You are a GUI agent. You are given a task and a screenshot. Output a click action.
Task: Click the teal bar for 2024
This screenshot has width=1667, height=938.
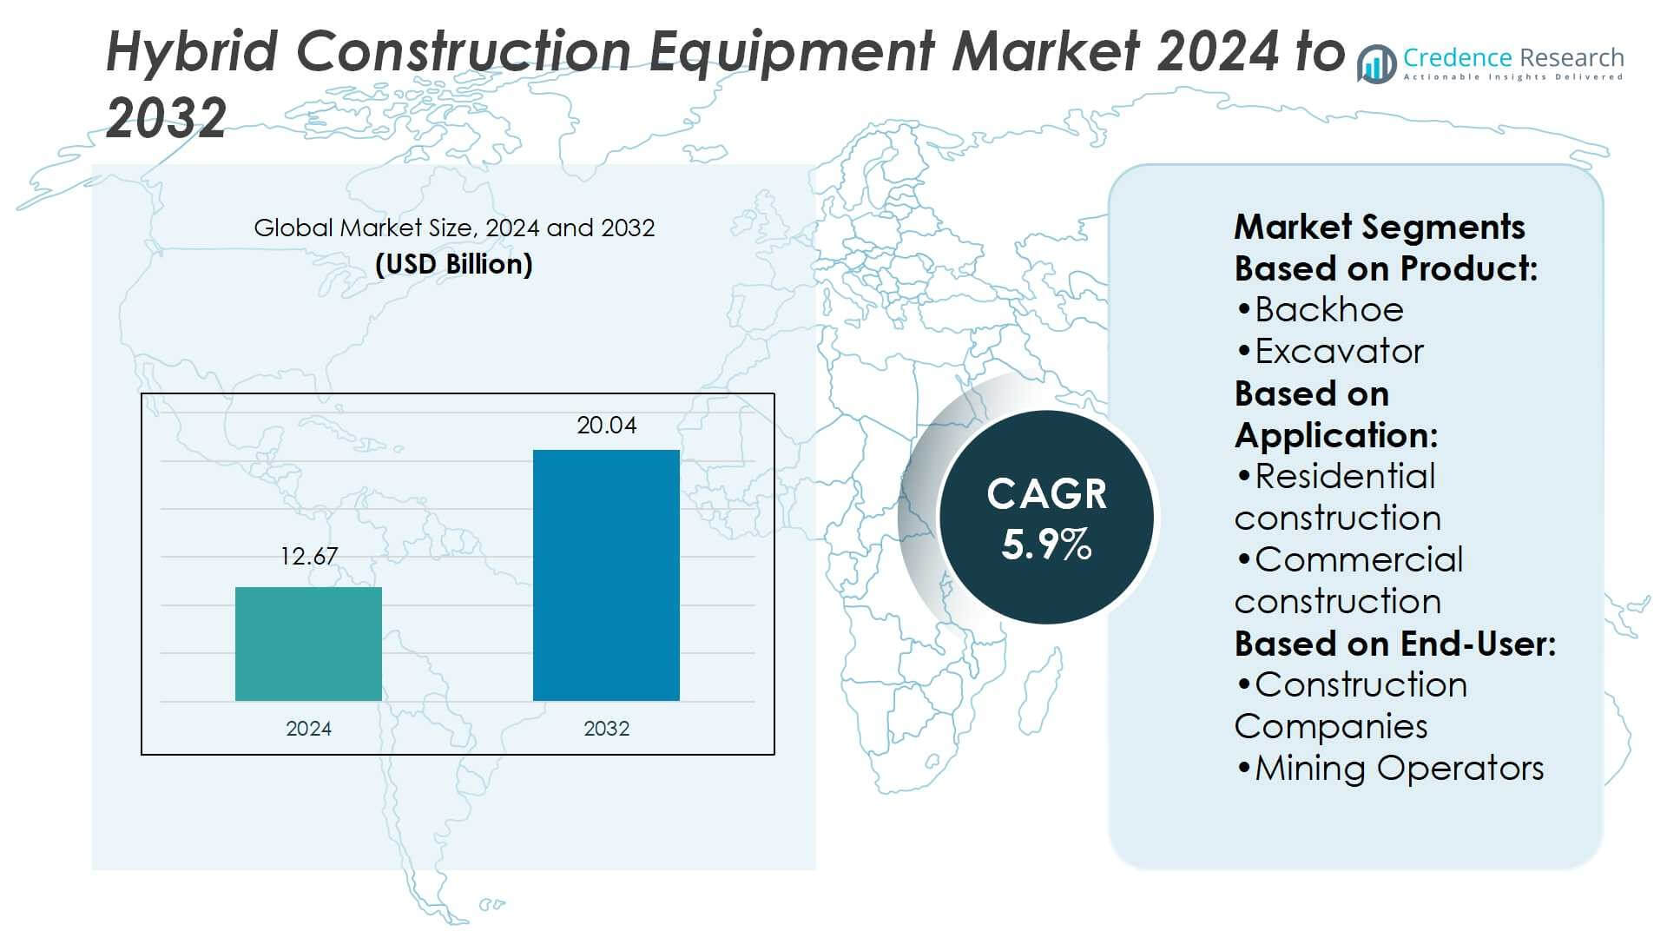tap(308, 644)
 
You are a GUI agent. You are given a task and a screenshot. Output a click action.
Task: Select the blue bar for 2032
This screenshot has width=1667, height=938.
tap(606, 575)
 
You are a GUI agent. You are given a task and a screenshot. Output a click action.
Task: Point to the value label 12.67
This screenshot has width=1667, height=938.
tap(308, 557)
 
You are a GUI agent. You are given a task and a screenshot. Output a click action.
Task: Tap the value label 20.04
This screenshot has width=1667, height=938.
tap(606, 426)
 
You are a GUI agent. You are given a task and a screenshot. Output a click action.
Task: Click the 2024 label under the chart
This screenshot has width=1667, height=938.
tap(308, 729)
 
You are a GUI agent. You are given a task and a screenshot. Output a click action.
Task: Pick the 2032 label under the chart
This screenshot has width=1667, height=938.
tap(606, 729)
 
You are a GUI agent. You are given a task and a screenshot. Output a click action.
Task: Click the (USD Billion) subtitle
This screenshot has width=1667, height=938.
tap(453, 264)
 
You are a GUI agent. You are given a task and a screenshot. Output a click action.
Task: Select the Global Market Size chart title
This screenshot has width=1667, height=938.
tap(453, 228)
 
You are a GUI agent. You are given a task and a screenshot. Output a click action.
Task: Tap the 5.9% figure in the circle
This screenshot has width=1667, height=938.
tap(1046, 545)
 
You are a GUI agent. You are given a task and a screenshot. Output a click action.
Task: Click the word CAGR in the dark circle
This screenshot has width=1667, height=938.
tap(1046, 494)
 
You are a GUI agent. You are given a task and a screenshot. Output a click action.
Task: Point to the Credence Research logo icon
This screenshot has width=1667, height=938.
tap(1377, 64)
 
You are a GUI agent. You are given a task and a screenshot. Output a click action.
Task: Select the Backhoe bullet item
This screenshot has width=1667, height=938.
tap(1328, 310)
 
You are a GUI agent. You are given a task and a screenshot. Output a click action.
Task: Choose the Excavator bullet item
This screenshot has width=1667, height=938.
tap(1339, 352)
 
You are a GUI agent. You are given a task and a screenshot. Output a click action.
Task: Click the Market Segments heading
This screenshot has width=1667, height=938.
tap(1379, 228)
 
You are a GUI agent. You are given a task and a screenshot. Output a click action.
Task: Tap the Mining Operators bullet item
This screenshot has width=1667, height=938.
tap(1399, 769)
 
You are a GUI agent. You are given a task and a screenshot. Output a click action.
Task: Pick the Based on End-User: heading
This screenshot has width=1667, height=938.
tap(1394, 644)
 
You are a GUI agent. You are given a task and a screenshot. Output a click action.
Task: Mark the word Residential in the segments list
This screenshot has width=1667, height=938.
tap(1345, 477)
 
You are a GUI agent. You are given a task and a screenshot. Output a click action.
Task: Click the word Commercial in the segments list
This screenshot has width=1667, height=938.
tap(1359, 560)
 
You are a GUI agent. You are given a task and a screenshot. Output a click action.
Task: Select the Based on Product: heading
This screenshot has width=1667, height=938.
tap(1386, 269)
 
